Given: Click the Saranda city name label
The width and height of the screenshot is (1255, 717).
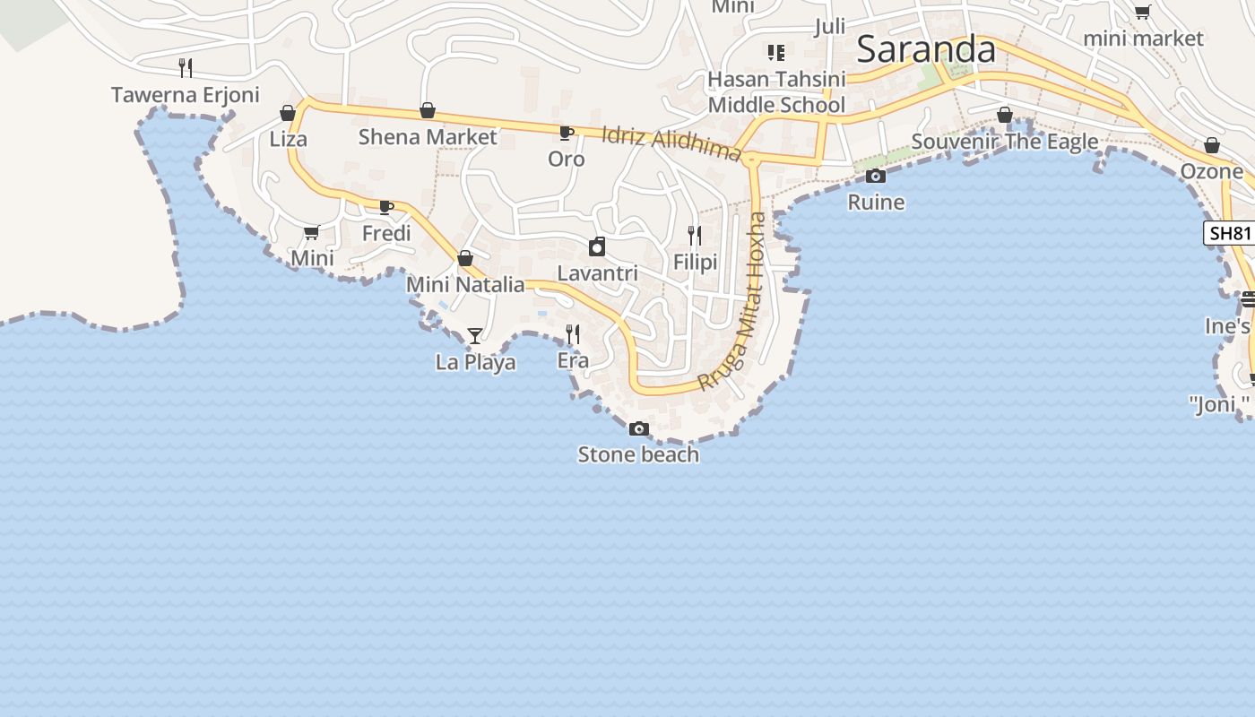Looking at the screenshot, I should [926, 49].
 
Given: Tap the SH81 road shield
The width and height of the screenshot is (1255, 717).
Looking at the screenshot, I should [1229, 234].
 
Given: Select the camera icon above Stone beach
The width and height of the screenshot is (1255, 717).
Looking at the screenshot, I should [639, 429].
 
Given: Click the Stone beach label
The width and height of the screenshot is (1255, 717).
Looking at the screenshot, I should [638, 454].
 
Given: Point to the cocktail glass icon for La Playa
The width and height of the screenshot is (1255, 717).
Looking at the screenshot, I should [475, 336].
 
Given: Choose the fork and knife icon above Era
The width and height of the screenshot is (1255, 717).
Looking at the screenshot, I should [573, 334].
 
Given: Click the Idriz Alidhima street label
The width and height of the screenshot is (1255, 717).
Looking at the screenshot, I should [672, 143].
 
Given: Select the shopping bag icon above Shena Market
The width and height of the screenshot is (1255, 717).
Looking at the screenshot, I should [428, 111].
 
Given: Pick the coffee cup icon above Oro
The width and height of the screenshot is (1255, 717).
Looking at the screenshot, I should [567, 134].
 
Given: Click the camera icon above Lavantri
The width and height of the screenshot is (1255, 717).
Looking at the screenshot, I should [597, 246].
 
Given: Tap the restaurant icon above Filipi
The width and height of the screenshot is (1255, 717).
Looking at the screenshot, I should [695, 236].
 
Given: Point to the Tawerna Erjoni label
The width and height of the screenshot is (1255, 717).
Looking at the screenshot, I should [186, 95].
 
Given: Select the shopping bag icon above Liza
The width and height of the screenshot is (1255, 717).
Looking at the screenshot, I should [288, 113].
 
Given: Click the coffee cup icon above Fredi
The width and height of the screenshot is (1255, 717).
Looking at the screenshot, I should [386, 208].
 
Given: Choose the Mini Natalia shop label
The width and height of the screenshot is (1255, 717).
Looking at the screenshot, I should [465, 285].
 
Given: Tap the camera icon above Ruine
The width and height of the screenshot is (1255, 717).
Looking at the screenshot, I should [876, 177].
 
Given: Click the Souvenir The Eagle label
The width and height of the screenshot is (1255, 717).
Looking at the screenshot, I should [1005, 142].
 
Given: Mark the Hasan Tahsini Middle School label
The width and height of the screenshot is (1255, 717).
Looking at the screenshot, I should [776, 92].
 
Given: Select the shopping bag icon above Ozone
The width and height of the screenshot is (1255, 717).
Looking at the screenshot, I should [1212, 145].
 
